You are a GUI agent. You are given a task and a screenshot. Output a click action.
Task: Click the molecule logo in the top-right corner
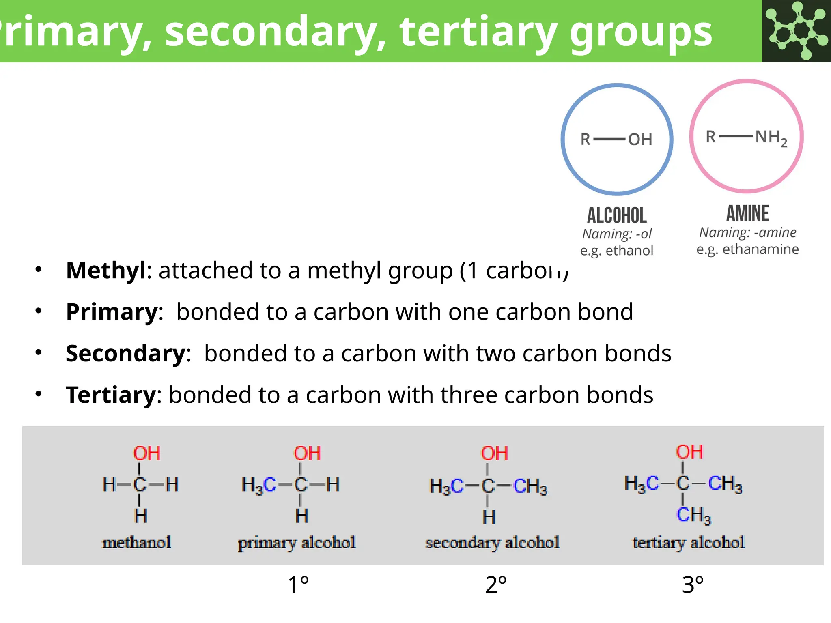[x=796, y=31]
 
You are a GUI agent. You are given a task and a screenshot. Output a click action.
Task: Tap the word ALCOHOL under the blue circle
[x=617, y=215]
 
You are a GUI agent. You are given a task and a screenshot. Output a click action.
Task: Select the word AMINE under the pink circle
[x=747, y=213]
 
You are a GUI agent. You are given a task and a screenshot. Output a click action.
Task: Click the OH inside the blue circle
[x=640, y=140]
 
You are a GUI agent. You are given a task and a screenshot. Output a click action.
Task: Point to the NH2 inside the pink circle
[x=771, y=138]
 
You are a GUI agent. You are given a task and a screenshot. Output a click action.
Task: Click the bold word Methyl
[x=105, y=270]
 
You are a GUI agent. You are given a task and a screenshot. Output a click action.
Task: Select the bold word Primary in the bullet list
[x=112, y=312]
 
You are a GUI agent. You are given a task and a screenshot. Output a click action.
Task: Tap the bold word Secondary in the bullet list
[x=126, y=353]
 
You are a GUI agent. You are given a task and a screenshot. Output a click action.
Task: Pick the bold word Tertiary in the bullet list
[x=111, y=395]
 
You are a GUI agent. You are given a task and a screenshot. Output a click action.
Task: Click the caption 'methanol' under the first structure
[x=137, y=542]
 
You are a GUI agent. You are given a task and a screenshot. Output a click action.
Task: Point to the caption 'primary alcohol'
[x=297, y=543]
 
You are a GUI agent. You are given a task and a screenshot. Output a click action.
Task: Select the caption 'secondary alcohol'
[x=492, y=543]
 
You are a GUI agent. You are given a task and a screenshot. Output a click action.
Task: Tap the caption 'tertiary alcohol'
[x=688, y=543]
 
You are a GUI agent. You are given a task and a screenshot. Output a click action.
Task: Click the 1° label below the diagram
[x=298, y=585]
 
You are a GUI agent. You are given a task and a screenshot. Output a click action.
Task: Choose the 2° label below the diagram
[x=496, y=585]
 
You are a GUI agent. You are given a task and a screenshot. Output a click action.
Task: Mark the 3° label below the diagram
[x=693, y=585]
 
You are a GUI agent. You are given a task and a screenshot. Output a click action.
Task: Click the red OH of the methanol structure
[x=146, y=453]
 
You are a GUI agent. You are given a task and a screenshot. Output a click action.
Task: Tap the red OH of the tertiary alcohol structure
[x=689, y=452]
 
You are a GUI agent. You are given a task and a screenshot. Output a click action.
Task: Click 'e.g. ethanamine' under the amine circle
[x=747, y=249]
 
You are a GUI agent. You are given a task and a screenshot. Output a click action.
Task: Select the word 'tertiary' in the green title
[x=478, y=32]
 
